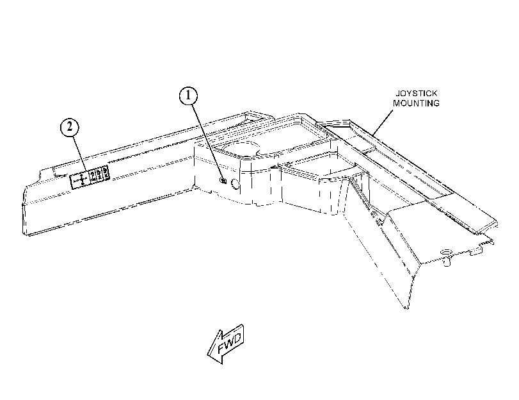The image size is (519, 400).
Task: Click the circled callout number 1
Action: (188, 96)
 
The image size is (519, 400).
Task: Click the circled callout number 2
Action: (70, 127)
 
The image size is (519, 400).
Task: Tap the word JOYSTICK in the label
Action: (417, 93)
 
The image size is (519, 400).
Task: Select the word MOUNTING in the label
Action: (417, 103)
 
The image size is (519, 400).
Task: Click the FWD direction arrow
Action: (226, 344)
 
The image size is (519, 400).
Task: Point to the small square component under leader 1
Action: (223, 181)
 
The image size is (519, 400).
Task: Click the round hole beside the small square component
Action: (235, 184)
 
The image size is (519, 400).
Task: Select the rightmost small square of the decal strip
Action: (105, 173)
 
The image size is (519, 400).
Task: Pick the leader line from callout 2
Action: (79, 154)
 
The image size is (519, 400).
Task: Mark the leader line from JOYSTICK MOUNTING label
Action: (383, 122)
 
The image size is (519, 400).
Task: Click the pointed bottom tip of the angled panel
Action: (407, 309)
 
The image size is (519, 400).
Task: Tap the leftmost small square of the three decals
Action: (92, 175)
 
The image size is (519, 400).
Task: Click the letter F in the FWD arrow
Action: (222, 349)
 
